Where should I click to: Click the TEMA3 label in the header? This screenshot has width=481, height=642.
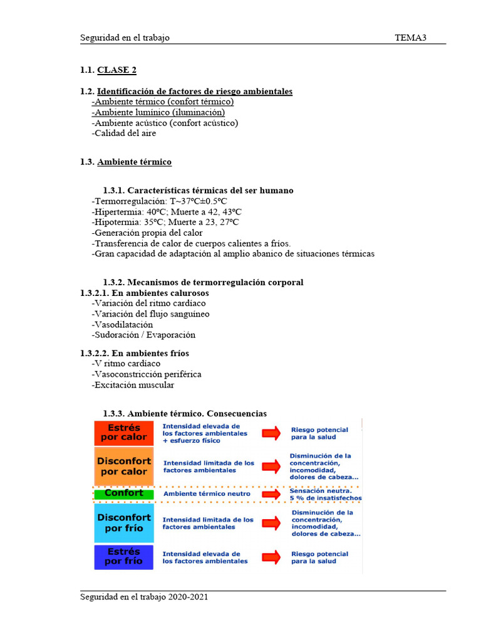point(410,38)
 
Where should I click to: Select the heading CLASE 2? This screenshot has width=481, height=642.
point(116,70)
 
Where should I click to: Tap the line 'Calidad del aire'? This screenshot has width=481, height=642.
point(125,133)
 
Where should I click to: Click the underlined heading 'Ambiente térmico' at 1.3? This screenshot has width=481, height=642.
point(134,162)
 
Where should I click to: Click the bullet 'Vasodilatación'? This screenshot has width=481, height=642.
point(123,325)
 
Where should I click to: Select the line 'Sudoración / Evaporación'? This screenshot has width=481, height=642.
point(144,335)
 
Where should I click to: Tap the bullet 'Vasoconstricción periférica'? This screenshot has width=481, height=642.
point(147,374)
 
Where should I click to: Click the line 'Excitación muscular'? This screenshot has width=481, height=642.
point(133,385)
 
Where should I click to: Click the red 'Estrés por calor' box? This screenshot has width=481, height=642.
point(123,433)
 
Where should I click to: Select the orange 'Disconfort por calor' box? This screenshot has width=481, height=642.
point(123,466)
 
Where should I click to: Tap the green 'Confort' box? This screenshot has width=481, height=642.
point(123,493)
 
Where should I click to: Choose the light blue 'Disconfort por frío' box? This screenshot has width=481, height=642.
point(123,523)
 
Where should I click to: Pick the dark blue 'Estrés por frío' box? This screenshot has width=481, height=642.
point(123,557)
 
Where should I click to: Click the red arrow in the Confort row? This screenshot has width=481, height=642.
point(271,493)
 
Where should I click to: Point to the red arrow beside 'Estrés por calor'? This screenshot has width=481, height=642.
point(271,433)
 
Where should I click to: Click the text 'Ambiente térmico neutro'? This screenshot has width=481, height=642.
point(207,494)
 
